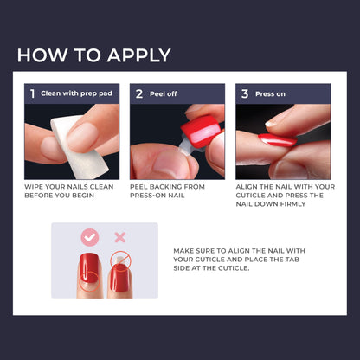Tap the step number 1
(x=33, y=93)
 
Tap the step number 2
(x=139, y=93)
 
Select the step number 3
(x=245, y=93)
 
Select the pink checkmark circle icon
(x=89, y=237)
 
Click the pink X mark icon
(x=120, y=237)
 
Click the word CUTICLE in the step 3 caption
(x=257, y=196)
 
